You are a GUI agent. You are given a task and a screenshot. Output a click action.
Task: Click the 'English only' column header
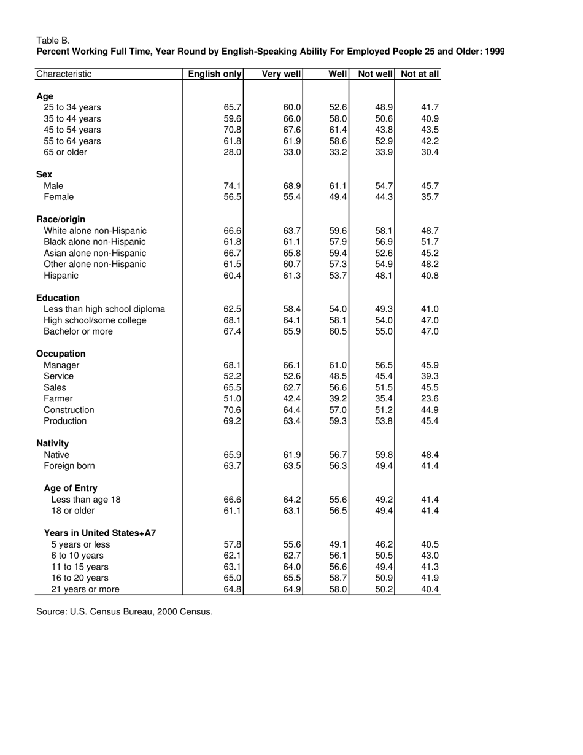click(215, 74)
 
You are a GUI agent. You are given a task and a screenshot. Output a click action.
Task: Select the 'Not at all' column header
click(420, 74)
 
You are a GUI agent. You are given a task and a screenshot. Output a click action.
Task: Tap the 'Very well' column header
click(281, 74)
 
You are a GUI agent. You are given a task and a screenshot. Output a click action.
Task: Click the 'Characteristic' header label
click(64, 74)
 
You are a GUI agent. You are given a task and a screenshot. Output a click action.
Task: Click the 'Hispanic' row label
click(61, 276)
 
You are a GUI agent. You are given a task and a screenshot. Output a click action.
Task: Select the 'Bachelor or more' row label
click(78, 331)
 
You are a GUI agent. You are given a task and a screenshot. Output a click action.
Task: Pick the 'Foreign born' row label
click(69, 466)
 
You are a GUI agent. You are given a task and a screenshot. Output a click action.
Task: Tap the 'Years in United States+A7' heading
click(100, 533)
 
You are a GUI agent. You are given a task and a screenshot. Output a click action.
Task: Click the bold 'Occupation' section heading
click(61, 354)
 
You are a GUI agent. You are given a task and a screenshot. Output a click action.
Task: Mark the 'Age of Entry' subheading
click(71, 489)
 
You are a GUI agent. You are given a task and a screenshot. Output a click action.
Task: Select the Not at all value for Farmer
click(430, 399)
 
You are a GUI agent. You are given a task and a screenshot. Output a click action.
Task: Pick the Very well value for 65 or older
click(291, 152)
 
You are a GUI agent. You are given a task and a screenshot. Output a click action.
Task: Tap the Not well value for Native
click(384, 455)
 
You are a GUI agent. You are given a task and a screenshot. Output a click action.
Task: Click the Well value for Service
click(338, 376)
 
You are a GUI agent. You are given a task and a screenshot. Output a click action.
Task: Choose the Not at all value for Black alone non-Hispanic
click(430, 242)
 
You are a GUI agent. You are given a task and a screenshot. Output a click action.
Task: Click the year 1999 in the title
click(494, 52)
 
